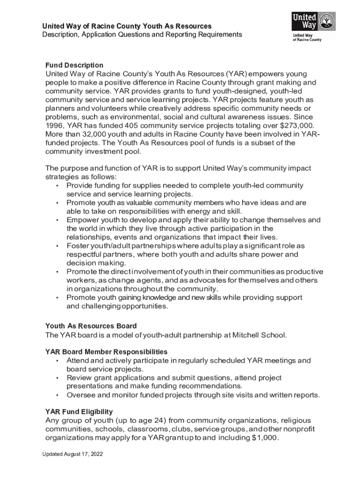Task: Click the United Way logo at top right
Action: point(307,27)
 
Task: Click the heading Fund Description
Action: point(74,65)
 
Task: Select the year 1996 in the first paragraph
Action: point(54,125)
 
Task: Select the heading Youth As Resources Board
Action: point(91,326)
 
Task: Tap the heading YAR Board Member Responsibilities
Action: point(106,352)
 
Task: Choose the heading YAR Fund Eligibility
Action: point(79,412)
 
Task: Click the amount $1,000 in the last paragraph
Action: point(265,438)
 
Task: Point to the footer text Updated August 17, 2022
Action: point(72,454)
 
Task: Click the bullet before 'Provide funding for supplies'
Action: point(57,186)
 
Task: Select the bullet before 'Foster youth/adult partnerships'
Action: point(57,246)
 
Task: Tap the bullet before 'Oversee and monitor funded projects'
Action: point(57,395)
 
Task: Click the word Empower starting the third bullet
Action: point(82,220)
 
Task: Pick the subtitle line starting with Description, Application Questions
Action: point(142,35)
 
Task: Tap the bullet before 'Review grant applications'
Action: point(57,378)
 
